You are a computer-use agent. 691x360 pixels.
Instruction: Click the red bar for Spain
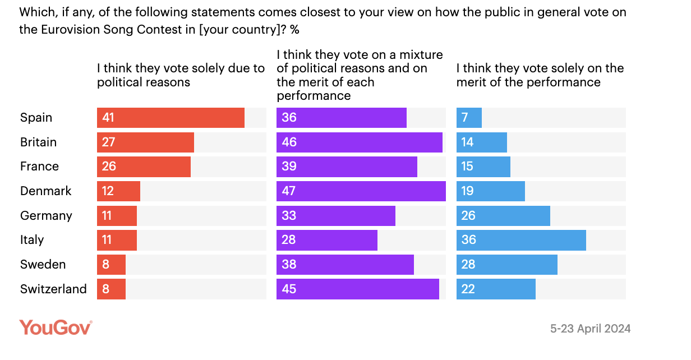click(x=171, y=118)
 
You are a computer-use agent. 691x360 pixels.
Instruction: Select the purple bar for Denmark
click(x=361, y=191)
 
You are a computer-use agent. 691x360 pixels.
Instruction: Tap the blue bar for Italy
click(x=521, y=240)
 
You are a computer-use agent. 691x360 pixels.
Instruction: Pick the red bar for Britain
click(x=145, y=142)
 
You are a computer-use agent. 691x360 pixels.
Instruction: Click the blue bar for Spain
click(x=469, y=118)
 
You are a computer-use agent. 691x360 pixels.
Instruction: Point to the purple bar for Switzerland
click(x=357, y=289)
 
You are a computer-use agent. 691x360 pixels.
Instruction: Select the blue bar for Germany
click(x=503, y=216)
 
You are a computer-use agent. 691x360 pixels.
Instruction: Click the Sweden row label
click(x=43, y=265)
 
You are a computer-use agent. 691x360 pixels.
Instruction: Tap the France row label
click(x=39, y=167)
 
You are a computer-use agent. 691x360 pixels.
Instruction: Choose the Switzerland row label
click(x=53, y=289)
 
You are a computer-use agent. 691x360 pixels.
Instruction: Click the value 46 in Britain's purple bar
click(x=289, y=142)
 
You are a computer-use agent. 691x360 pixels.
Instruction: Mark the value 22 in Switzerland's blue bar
click(x=468, y=289)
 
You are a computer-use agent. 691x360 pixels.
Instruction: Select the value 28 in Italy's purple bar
click(x=289, y=240)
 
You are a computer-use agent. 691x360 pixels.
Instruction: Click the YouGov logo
click(x=56, y=327)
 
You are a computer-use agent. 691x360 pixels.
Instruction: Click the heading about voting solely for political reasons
click(x=181, y=75)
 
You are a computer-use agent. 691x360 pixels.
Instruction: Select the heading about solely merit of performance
click(x=540, y=75)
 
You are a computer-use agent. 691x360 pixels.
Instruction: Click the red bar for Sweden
click(x=111, y=265)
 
